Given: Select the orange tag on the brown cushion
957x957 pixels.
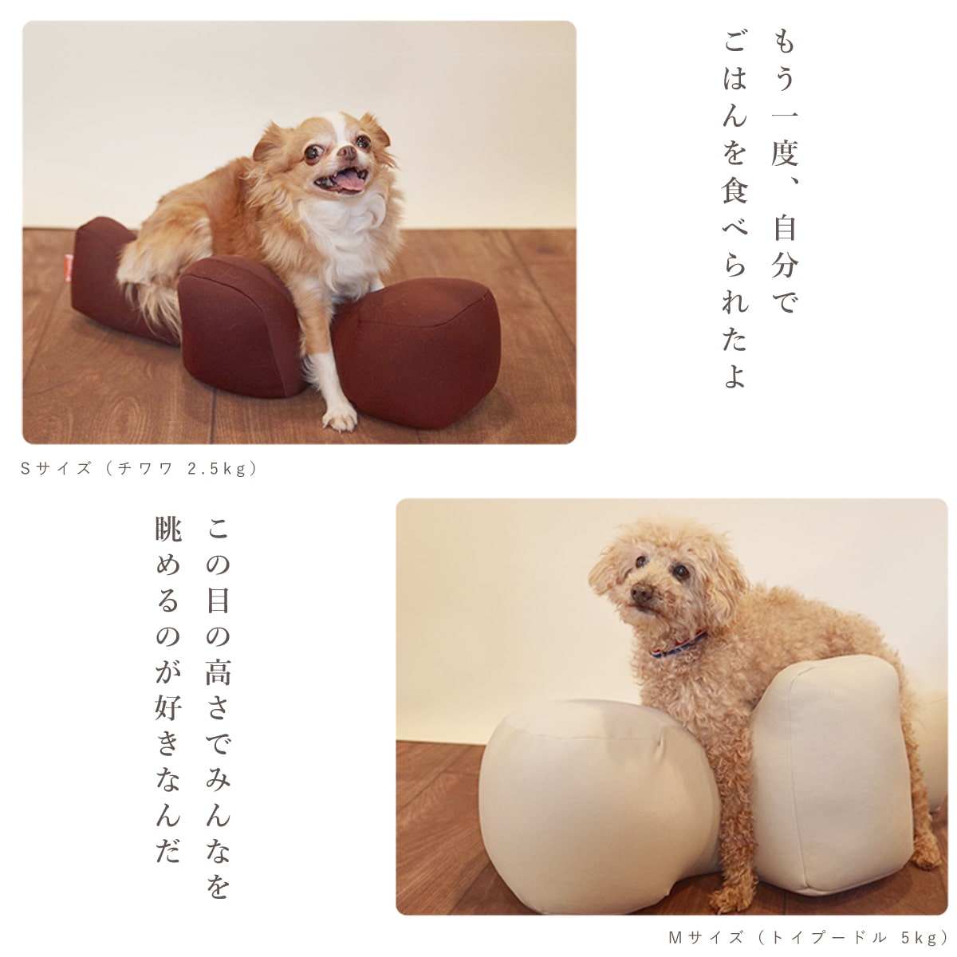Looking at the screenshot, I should (71, 266).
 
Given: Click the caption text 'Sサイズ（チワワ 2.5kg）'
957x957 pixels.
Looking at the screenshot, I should (140, 469).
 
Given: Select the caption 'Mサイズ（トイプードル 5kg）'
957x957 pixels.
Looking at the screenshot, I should (805, 936).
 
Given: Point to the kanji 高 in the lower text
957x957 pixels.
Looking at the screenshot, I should (217, 672).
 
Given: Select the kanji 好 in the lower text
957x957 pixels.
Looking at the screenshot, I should (168, 708).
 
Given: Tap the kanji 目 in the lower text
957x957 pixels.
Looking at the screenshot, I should (217, 601).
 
